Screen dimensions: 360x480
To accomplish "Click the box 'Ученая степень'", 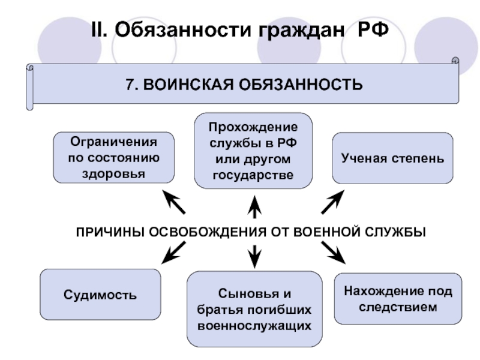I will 393,159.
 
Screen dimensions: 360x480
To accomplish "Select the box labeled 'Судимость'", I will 101,295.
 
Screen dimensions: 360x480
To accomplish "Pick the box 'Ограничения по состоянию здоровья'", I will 114,158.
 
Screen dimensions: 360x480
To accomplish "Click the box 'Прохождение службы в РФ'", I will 253,150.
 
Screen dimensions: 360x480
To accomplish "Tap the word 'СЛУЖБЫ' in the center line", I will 397,232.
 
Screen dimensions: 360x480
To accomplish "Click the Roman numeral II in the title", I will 97,29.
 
